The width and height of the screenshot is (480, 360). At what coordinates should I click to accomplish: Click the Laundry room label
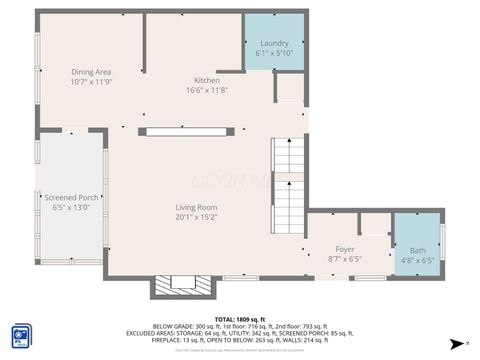click(274, 44)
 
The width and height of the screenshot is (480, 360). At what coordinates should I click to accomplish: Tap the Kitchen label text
click(207, 80)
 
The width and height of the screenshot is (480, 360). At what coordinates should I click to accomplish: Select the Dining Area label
click(90, 72)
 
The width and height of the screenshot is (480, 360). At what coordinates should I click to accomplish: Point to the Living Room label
click(196, 208)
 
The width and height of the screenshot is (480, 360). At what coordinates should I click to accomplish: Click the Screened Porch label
click(71, 198)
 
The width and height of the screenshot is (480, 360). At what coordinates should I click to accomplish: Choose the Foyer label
click(345, 249)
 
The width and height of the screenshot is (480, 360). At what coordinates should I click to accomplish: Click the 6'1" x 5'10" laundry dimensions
click(274, 54)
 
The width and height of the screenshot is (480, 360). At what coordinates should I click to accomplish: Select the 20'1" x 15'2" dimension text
click(196, 217)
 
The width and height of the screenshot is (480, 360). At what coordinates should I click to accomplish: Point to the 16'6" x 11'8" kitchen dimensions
click(207, 90)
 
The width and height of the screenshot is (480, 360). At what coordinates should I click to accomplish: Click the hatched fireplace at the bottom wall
click(183, 287)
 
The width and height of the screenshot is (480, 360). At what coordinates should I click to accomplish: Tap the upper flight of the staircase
click(288, 154)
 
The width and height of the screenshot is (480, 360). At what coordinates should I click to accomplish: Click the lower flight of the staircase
click(288, 208)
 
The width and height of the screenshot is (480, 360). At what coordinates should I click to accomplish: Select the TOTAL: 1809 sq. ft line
click(239, 318)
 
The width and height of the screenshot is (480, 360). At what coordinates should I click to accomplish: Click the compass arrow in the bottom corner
click(457, 341)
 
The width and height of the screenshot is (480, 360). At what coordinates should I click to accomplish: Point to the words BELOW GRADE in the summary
click(172, 326)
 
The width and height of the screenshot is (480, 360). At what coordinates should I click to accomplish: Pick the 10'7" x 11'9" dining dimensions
click(90, 82)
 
